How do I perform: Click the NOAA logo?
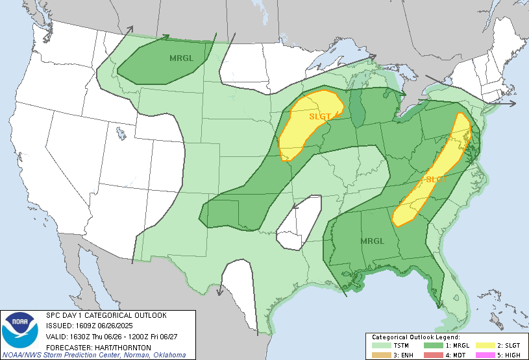[20, 331]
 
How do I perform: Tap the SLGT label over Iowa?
[320, 116]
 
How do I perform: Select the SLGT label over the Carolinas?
[436, 179]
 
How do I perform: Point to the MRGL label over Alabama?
[373, 241]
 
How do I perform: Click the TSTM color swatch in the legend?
[382, 346]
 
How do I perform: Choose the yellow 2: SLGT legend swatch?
[484, 346]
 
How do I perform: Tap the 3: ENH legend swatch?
[382, 354]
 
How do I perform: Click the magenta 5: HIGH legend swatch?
[484, 354]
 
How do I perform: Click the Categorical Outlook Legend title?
[415, 337]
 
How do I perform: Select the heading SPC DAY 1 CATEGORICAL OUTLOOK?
[106, 315]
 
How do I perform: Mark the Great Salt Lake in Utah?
[121, 133]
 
